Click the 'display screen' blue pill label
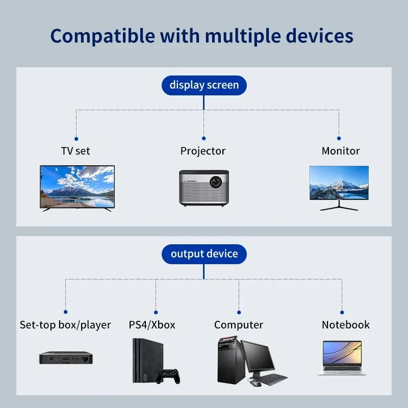click(204, 85)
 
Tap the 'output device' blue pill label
click(204, 254)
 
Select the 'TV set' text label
click(75, 151)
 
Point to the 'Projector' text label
click(203, 151)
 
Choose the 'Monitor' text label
click(340, 151)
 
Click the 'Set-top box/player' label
click(65, 325)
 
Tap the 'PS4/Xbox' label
click(152, 325)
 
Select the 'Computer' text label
click(239, 325)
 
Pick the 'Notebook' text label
click(345, 325)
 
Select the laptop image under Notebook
click(342, 358)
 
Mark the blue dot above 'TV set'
click(76, 138)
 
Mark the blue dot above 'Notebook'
click(342, 312)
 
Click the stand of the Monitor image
click(339, 205)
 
